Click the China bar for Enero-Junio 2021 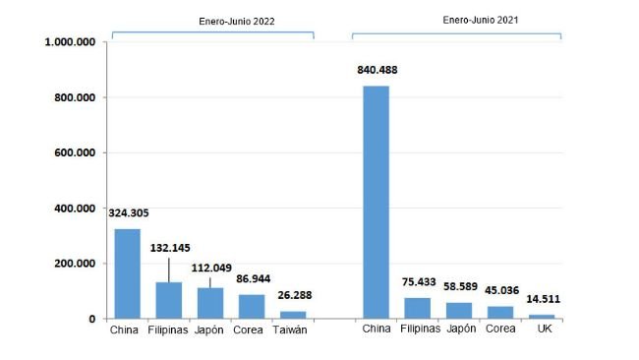(x=377, y=202)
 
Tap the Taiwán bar (x=293, y=315)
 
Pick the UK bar (x=542, y=316)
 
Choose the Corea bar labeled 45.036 (x=500, y=312)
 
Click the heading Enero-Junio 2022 (x=212, y=21)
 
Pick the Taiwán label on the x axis (x=290, y=330)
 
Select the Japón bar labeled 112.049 (x=210, y=303)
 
